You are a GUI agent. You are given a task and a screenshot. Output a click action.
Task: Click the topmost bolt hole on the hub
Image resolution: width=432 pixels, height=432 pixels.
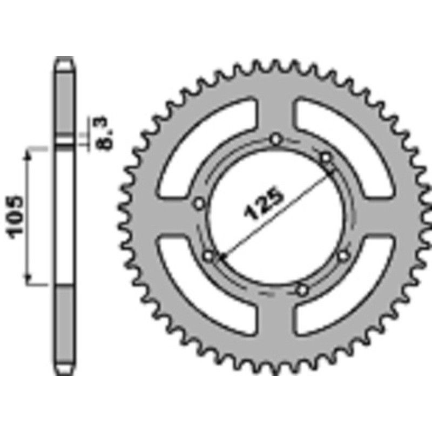click(276, 139)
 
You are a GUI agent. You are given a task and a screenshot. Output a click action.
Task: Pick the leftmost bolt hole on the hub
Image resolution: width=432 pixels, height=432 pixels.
click(199, 204)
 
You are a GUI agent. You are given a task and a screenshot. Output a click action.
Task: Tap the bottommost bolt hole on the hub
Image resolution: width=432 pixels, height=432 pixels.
click(302, 291)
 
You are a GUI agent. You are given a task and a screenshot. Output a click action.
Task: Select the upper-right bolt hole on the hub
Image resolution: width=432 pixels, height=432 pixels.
click(326, 158)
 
